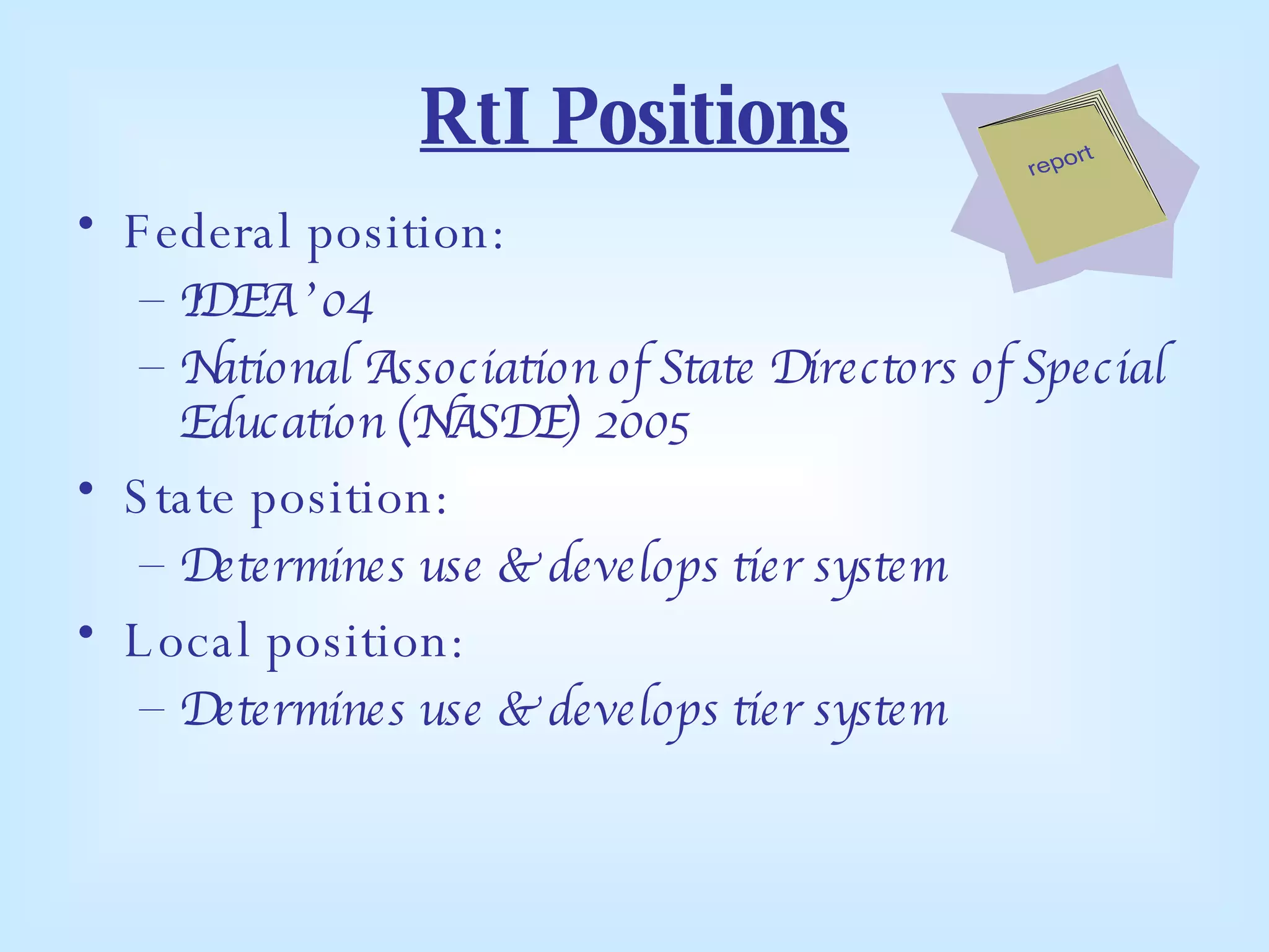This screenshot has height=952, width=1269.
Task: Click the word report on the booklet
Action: (1060, 160)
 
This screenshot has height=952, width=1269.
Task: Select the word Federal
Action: (208, 232)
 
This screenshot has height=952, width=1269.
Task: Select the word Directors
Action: (864, 367)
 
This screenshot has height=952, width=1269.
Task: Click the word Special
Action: (1094, 367)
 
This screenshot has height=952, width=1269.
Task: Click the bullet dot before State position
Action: (86, 489)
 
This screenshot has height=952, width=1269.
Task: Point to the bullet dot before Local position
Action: (86, 632)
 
